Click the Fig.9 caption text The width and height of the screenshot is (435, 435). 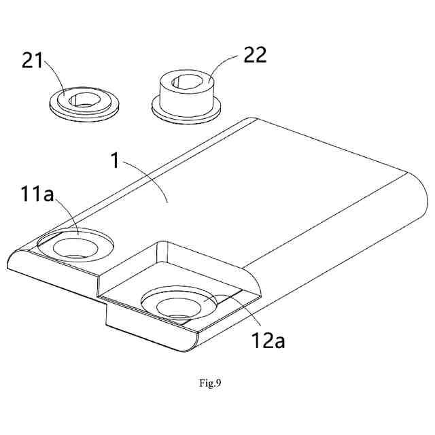(x=210, y=383)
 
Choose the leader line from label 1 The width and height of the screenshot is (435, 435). (x=149, y=184)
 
